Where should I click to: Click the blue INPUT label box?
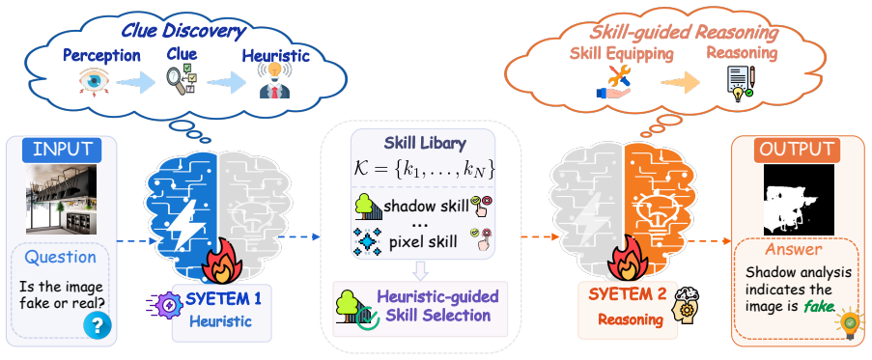tap(62, 150)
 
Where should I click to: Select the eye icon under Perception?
tap(94, 83)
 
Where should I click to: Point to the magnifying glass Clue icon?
tap(182, 80)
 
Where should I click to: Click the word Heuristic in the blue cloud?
tap(275, 56)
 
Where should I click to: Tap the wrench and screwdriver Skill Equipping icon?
tap(613, 82)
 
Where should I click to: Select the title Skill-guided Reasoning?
tap(684, 33)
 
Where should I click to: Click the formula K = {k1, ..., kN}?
tap(424, 169)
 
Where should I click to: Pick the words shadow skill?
tap(427, 207)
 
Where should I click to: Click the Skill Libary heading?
tap(425, 143)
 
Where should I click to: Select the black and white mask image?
tap(799, 200)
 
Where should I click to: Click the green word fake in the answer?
tap(818, 307)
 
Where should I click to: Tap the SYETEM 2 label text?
tap(627, 295)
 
